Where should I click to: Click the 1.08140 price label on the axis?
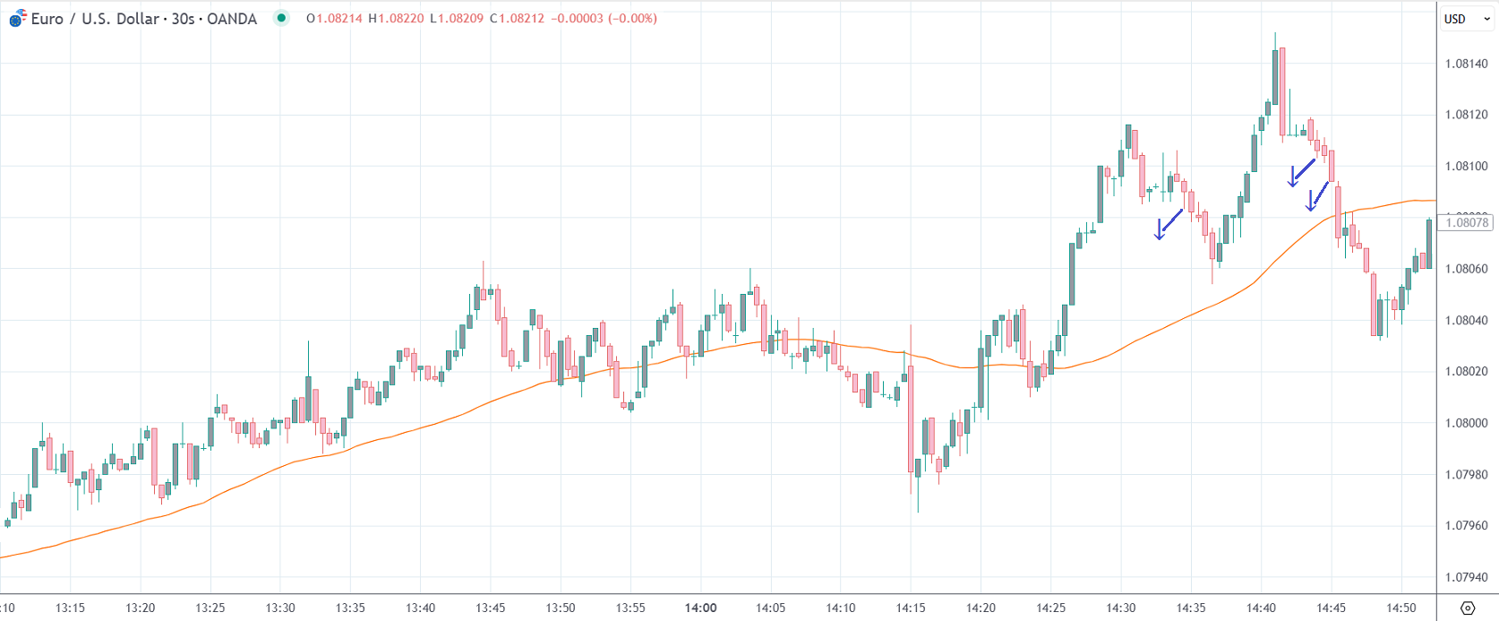(1466, 64)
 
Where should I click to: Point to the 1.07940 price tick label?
(1466, 577)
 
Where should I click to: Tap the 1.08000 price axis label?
(1466, 423)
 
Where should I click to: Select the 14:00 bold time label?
(700, 608)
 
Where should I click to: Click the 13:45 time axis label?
(490, 608)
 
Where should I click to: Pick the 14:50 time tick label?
(1401, 608)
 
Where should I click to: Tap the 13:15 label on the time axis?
(70, 608)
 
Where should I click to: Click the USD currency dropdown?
(1465, 19)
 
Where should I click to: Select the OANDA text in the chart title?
(232, 19)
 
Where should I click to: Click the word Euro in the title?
(47, 19)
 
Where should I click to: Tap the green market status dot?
(281, 18)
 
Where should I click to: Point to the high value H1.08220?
(396, 19)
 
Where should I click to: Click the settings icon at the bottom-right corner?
(1467, 608)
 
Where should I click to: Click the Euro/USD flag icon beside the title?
(17, 19)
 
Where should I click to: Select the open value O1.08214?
(334, 19)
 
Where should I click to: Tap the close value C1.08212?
(517, 19)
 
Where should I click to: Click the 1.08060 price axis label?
(1466, 269)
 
